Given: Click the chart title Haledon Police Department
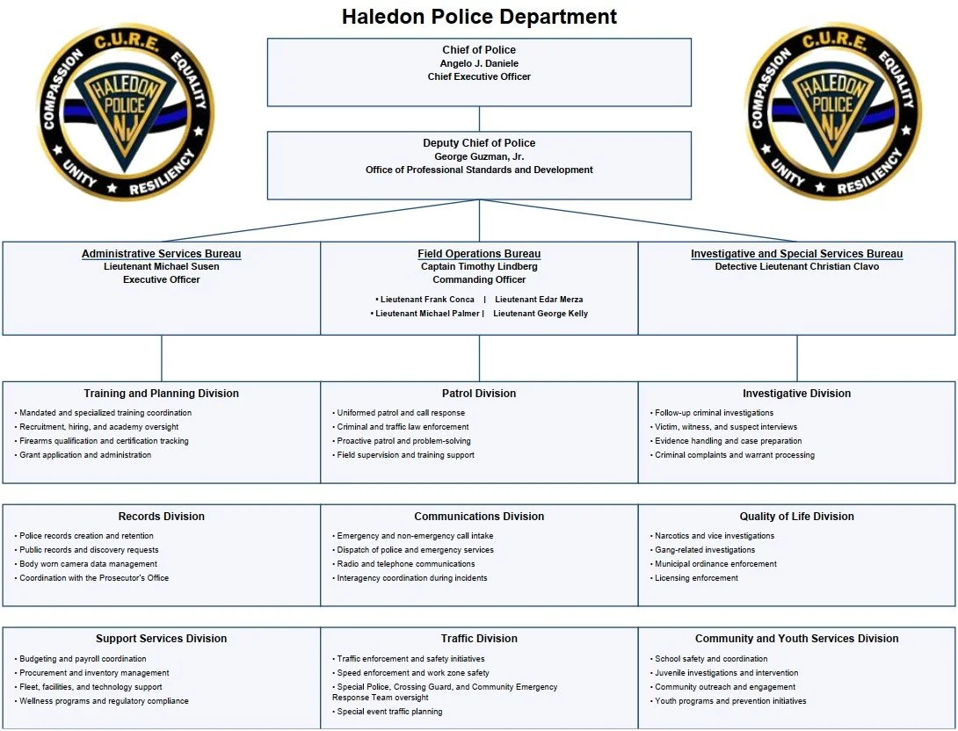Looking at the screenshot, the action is click(479, 17).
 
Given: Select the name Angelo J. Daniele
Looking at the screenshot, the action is click(479, 63).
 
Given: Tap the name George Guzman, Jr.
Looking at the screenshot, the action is click(479, 156).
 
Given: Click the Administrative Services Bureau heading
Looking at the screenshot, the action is click(161, 254).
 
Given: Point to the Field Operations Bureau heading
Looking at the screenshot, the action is click(479, 254).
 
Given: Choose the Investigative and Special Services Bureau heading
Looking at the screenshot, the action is click(796, 254).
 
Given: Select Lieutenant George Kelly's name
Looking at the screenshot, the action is click(541, 314).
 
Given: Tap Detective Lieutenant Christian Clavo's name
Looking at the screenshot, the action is click(796, 267).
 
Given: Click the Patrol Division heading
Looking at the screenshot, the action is click(479, 394).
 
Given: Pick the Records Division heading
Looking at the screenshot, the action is click(161, 517).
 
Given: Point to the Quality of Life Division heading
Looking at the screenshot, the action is click(796, 517).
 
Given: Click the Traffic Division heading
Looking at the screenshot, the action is click(479, 639).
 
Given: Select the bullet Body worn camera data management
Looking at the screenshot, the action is click(88, 564).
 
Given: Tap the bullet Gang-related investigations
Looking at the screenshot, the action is click(705, 550).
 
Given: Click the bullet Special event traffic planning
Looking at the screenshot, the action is click(389, 712).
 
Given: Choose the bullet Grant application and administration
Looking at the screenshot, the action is click(85, 455).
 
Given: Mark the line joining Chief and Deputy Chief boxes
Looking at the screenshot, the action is click(479, 119).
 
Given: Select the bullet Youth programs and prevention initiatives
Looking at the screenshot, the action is click(730, 701).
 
